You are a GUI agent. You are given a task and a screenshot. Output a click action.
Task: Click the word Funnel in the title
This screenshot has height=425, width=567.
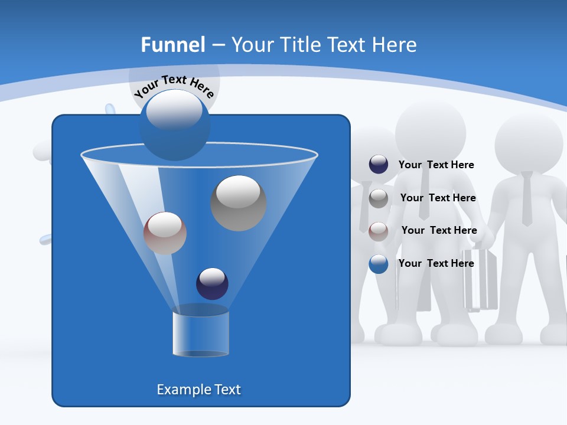[172, 45]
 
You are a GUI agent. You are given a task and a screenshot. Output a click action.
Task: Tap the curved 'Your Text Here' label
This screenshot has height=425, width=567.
[174, 86]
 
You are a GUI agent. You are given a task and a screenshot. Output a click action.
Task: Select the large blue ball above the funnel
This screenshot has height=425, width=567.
[174, 125]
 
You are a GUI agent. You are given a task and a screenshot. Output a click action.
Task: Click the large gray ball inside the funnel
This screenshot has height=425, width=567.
[238, 203]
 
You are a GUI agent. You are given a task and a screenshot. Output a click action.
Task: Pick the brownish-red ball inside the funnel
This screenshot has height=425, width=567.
[165, 233]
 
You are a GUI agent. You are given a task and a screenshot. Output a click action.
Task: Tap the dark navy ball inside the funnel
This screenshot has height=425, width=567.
[212, 284]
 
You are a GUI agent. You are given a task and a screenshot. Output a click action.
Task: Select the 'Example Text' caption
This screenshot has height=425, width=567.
[198, 390]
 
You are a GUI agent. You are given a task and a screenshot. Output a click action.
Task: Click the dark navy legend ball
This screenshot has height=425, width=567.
[379, 165]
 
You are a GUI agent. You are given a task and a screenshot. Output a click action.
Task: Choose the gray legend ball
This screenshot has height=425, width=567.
[379, 198]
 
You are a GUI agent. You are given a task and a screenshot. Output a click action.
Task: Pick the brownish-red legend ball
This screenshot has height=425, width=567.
[379, 231]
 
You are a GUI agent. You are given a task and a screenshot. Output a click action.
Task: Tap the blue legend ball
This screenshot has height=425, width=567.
[379, 264]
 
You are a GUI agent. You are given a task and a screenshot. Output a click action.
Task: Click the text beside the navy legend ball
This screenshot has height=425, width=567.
[436, 165]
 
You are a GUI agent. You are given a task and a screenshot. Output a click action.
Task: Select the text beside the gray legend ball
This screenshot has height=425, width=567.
[438, 198]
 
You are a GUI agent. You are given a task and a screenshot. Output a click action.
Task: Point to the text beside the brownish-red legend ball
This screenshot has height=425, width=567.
[439, 231]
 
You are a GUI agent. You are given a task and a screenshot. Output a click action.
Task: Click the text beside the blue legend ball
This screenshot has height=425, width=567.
[436, 263]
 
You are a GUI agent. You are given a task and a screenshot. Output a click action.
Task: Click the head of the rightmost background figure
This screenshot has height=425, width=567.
[529, 142]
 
